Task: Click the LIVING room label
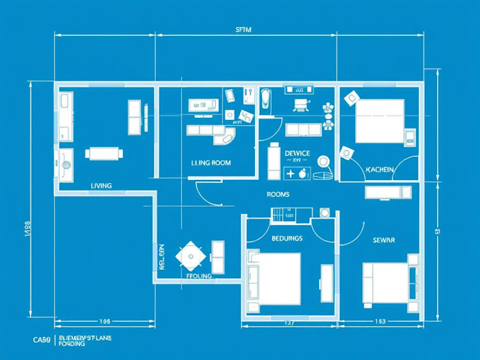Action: tap(101, 186)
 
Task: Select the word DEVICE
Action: tap(297, 153)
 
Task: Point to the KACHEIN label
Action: tap(379, 169)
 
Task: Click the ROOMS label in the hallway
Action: tap(277, 194)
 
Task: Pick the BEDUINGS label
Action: tap(287, 239)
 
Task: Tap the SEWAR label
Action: tap(383, 241)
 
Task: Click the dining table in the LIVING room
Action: tap(104, 153)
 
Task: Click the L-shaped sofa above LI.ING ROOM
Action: tap(212, 131)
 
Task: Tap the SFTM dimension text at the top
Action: tap(243, 30)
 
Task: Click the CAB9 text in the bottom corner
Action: tap(42, 340)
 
